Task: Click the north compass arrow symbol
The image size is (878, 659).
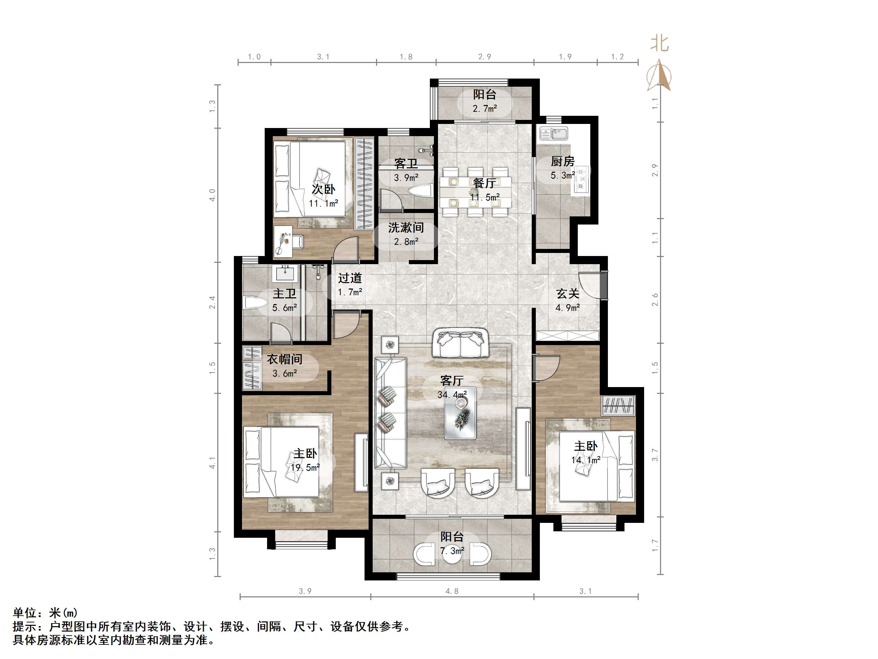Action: [659, 76]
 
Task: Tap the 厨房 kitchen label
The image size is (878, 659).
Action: [563, 162]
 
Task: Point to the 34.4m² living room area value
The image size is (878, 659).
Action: [452, 395]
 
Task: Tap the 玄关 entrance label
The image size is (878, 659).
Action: [568, 294]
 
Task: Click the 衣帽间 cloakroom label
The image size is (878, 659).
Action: [284, 360]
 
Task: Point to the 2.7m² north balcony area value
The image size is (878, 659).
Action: [485, 108]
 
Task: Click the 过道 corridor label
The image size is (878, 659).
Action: [350, 278]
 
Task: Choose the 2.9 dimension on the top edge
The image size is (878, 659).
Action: [484, 57]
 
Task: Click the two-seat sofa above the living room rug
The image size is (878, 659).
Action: [460, 343]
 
